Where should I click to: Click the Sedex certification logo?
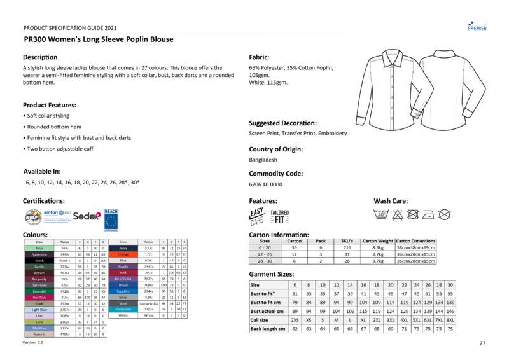[87, 216]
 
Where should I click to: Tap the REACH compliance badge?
[112, 218]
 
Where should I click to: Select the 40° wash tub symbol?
[382, 215]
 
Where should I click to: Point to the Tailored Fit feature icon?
[279, 216]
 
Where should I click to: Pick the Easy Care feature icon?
[256, 216]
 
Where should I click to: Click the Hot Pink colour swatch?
[39, 298]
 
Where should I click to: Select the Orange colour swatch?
[123, 254]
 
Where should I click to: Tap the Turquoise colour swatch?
[123, 309]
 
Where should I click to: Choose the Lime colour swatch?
[39, 322]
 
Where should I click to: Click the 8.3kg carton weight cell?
[377, 247]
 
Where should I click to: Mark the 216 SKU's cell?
[347, 247]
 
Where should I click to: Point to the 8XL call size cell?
[450, 320]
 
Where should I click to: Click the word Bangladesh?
[263, 160]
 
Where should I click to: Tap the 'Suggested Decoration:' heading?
[282, 123]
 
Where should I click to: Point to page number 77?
[482, 343]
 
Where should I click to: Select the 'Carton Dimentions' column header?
[416, 241]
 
